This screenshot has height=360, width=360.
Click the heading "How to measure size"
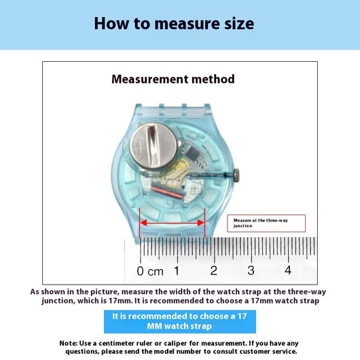[x=174, y=23]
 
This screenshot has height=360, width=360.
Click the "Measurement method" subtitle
[x=173, y=79]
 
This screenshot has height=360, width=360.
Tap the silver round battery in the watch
[x=154, y=146]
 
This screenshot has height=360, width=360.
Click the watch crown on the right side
[x=236, y=175]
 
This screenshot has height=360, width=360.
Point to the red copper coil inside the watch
[x=168, y=192]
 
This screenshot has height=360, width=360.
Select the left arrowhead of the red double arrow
[x=143, y=223]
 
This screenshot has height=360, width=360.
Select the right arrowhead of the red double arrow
[x=200, y=223]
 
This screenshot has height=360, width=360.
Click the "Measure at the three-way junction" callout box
[x=266, y=223]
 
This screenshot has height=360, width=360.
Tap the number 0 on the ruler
[x=140, y=271]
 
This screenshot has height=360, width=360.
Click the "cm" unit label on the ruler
[x=156, y=272]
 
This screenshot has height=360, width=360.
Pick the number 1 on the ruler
[x=177, y=271]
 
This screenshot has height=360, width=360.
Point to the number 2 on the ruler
[x=214, y=271]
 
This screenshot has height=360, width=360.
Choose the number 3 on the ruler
[x=251, y=270]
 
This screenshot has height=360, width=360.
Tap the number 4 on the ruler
[x=288, y=270]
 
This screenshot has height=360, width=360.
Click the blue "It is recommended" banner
[x=180, y=321]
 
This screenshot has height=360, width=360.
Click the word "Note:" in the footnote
[x=68, y=343]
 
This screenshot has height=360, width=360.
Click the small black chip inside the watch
[x=192, y=153]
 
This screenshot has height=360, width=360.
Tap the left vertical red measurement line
[x=140, y=223]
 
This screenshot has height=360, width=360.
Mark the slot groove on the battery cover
[x=153, y=145]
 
